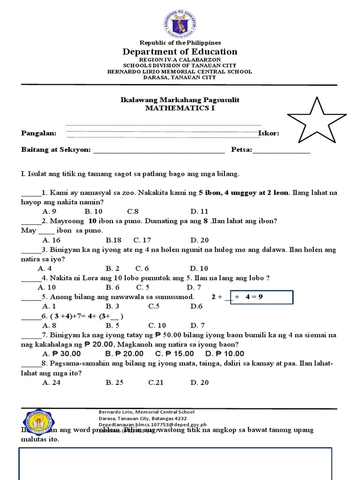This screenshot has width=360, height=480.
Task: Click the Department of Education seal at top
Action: (x=180, y=22)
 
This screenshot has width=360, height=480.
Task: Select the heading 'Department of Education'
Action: (x=180, y=52)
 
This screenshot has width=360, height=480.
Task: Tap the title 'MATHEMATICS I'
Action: (x=180, y=108)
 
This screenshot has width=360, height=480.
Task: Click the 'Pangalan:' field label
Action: (x=39, y=133)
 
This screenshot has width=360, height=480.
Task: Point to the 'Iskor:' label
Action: (x=269, y=133)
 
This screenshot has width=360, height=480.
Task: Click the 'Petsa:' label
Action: (x=241, y=150)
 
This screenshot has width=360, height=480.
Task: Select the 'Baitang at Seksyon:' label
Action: (x=56, y=150)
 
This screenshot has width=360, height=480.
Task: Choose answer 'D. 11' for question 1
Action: (x=199, y=211)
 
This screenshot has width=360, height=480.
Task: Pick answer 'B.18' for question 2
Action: (x=113, y=240)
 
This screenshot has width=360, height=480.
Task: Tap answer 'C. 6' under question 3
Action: (x=142, y=269)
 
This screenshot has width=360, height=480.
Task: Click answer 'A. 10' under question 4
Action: (x=47, y=287)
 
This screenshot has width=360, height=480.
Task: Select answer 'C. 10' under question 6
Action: (x=157, y=325)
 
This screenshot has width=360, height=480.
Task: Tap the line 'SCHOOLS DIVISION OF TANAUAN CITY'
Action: (x=180, y=66)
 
